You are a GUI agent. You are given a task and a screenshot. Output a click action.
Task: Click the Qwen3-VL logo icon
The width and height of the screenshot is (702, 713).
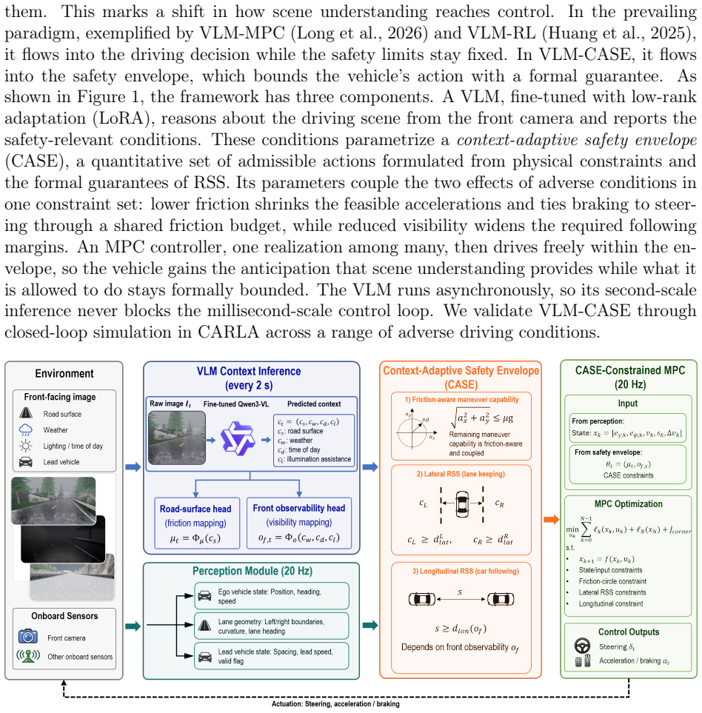pyautogui.click(x=238, y=439)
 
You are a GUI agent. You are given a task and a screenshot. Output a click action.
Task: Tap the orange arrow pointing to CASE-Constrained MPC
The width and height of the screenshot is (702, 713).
pyautogui.click(x=551, y=519)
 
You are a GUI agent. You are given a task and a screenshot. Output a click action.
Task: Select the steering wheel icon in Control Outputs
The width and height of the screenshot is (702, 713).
pyautogui.click(x=583, y=646)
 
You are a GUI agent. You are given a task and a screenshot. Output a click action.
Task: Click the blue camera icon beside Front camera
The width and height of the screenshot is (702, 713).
pyautogui.click(x=27, y=636)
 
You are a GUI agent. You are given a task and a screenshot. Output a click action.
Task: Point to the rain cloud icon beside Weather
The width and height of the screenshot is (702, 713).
pyautogui.click(x=26, y=429)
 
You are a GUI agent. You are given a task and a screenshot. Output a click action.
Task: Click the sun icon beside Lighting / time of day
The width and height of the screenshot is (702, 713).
pyautogui.click(x=26, y=446)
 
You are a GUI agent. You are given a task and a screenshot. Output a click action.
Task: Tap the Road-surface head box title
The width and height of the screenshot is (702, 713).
pyautogui.click(x=195, y=509)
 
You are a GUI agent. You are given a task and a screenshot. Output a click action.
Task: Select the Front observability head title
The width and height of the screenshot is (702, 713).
pyautogui.click(x=298, y=508)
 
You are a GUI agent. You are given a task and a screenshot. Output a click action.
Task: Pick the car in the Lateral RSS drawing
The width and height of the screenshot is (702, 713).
pyautogui.click(x=462, y=503)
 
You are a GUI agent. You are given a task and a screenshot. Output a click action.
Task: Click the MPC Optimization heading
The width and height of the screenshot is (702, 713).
pyautogui.click(x=629, y=503)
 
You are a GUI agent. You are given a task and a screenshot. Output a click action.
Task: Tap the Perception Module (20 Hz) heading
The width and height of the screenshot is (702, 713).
pyautogui.click(x=253, y=571)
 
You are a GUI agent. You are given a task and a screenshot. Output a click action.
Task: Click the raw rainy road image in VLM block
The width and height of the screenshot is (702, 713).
pyautogui.click(x=177, y=438)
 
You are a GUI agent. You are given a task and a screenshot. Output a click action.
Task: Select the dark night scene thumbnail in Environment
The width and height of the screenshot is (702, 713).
pyautogui.click(x=63, y=540)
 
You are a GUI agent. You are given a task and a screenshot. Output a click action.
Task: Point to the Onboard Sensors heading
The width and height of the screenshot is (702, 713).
pyautogui.click(x=64, y=616)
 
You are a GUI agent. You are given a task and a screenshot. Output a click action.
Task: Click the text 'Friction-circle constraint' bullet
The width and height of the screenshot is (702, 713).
pyautogui.click(x=612, y=581)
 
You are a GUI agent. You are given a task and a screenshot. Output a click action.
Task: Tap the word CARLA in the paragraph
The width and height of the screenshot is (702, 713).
pyautogui.click(x=228, y=332)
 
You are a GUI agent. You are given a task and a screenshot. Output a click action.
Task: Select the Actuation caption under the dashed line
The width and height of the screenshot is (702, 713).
pyautogui.click(x=335, y=704)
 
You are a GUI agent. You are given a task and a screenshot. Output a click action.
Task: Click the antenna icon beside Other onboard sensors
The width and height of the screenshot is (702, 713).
pyautogui.click(x=27, y=656)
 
